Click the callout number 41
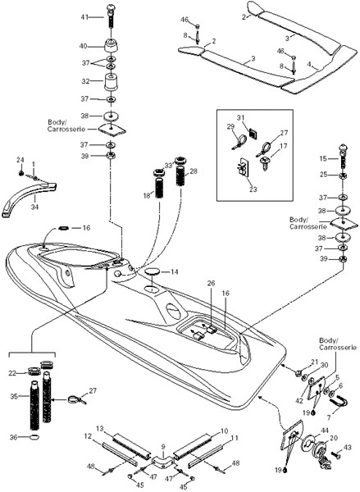[x=84, y=17]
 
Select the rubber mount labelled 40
[x=112, y=47]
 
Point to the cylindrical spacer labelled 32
[x=112, y=81]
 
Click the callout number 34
[x=34, y=207]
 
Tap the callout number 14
[x=174, y=271]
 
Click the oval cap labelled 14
[x=153, y=271]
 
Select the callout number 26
[x=212, y=284]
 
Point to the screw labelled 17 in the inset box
[x=266, y=163]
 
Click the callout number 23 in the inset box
[x=253, y=189]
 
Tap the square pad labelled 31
[x=253, y=133]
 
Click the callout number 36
[x=13, y=437]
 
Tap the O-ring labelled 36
[x=34, y=437]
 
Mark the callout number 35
[x=14, y=396]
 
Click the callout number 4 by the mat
[x=309, y=64]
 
